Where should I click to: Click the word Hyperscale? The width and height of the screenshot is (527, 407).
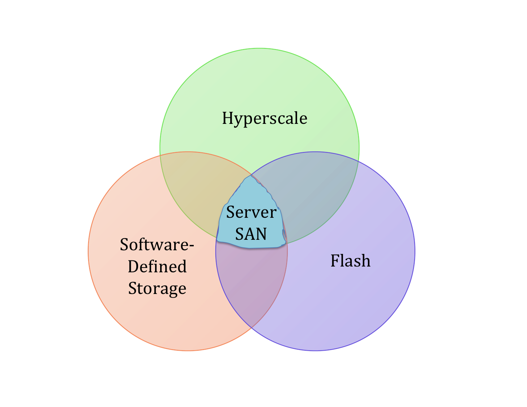click(x=265, y=118)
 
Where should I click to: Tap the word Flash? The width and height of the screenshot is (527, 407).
click(x=350, y=261)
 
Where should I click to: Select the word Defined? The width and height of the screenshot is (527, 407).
click(x=157, y=267)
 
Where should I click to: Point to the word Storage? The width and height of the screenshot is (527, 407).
click(x=157, y=289)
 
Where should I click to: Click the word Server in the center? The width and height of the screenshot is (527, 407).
click(x=251, y=212)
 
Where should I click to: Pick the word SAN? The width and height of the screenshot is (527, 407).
click(x=251, y=234)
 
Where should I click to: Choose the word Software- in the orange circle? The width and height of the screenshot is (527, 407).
click(x=157, y=244)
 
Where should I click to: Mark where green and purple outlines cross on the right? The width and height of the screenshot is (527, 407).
click(x=359, y=160)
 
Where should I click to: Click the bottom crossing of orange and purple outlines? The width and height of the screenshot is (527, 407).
click(x=252, y=328)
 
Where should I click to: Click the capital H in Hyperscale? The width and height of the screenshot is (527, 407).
click(x=227, y=118)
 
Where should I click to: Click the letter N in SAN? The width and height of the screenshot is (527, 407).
click(x=261, y=234)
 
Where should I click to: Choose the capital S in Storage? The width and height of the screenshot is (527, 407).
click(x=133, y=289)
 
